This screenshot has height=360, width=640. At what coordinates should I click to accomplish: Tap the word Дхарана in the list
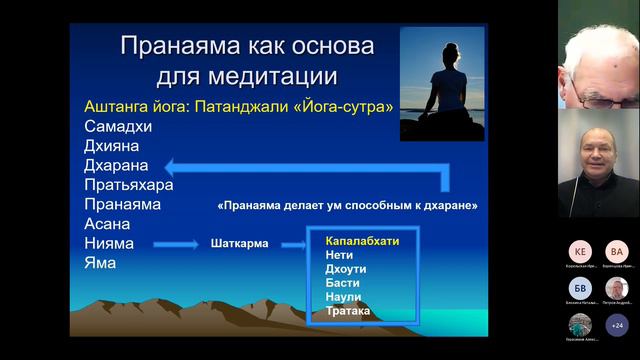click(104, 165)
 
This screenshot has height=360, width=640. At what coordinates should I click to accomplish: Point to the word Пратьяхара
click(117, 184)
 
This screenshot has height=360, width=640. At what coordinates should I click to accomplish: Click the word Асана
click(96, 223)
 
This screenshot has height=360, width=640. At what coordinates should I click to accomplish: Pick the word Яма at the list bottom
click(88, 263)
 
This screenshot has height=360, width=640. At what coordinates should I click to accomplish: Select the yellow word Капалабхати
click(362, 241)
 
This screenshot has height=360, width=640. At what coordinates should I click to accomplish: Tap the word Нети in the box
click(339, 255)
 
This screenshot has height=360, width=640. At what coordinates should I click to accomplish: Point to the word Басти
click(342, 283)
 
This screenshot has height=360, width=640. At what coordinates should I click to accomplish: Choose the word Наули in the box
click(343, 297)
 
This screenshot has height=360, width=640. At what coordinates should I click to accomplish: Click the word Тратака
click(348, 311)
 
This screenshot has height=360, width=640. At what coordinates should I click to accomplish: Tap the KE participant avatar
click(580, 251)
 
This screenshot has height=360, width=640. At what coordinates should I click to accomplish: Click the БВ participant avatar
click(580, 288)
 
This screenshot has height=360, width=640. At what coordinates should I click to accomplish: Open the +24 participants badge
click(617, 325)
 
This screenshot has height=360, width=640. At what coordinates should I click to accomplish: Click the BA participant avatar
click(617, 251)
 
